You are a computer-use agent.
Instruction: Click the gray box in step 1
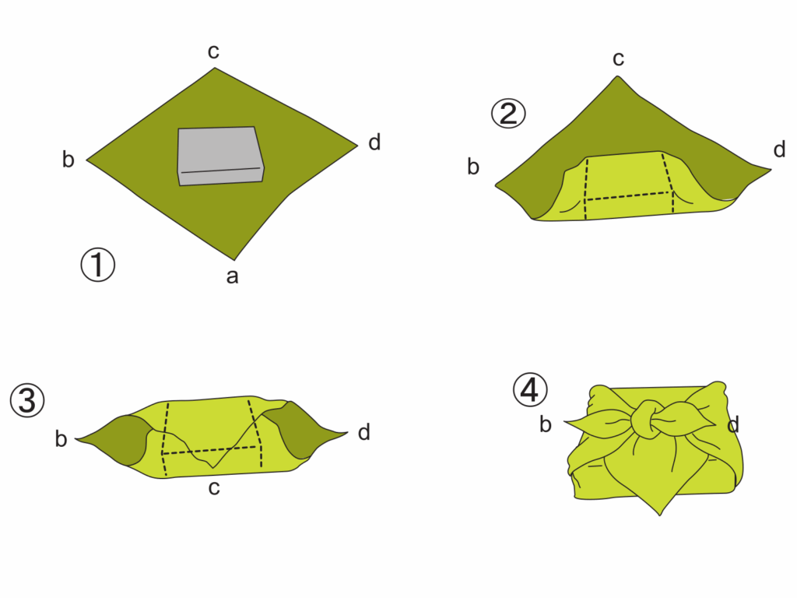coord(220,156)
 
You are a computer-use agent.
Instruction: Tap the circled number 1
coord(98,265)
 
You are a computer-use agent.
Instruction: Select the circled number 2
coord(508,114)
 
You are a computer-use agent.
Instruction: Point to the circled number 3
coord(27,399)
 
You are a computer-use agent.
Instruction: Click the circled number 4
coord(530,390)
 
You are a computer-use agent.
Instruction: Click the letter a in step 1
coord(232,276)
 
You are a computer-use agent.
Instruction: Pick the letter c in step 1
coord(213,51)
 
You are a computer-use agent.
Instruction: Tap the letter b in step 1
coord(68,159)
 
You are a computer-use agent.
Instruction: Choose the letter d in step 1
coord(374,142)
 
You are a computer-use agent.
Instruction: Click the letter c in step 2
coord(618,59)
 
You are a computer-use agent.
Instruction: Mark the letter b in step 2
coord(473,167)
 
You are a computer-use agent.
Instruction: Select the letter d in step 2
coord(779,149)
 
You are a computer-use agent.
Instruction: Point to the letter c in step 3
coord(214,487)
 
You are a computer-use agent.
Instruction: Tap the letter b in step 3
coord(61,439)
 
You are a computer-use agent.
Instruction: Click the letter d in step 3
coord(364,432)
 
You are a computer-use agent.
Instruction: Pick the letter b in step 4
coord(546,424)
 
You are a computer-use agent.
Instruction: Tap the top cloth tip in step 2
coord(618,76)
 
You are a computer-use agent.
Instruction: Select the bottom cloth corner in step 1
coord(234,260)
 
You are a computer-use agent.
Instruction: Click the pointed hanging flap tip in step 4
coord(660,515)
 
